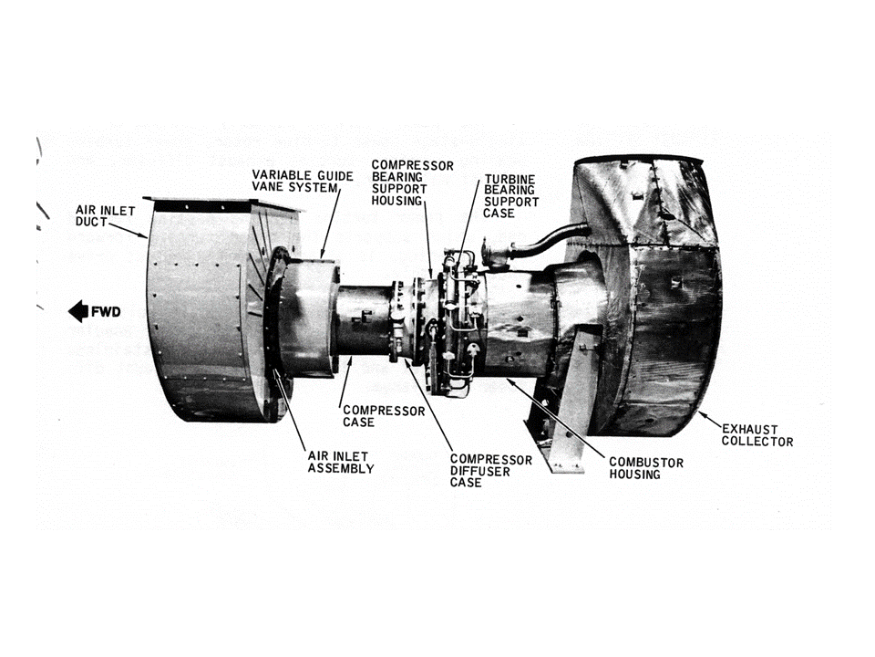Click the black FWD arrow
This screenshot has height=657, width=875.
pos(77,312)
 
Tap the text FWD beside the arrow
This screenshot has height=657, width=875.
pos(105,312)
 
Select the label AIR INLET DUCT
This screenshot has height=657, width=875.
pos(105,216)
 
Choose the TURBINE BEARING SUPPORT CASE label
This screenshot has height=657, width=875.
pos(511,195)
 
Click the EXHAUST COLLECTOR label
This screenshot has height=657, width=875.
pos(757,435)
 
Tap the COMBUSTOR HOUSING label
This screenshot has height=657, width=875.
pos(646,469)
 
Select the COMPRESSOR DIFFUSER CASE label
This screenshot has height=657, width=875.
pos(491,470)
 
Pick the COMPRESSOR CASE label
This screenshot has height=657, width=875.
pos(383,417)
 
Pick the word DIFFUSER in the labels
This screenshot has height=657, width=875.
pos(491,471)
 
